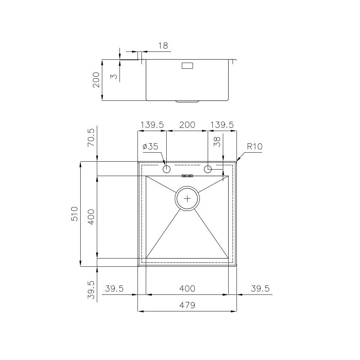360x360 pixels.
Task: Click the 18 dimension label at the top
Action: click(x=163, y=46)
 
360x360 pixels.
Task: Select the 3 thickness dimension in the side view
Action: click(x=113, y=77)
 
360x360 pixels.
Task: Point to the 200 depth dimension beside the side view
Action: click(x=96, y=80)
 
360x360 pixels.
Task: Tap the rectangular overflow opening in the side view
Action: click(x=187, y=66)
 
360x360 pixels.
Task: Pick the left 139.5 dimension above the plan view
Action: click(x=152, y=125)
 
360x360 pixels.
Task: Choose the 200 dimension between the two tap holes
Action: click(x=187, y=125)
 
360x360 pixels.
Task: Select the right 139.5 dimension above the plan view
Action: click(x=222, y=125)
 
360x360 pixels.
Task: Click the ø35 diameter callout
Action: click(x=150, y=147)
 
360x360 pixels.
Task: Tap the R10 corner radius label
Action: click(x=255, y=147)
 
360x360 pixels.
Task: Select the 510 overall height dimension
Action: click(x=75, y=214)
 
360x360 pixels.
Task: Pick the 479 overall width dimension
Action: click(x=187, y=306)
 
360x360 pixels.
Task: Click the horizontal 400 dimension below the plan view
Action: click(x=187, y=289)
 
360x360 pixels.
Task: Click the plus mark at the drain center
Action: click(x=187, y=198)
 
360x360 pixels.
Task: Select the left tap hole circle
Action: click(x=167, y=169)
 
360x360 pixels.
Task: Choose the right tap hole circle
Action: click(x=208, y=169)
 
